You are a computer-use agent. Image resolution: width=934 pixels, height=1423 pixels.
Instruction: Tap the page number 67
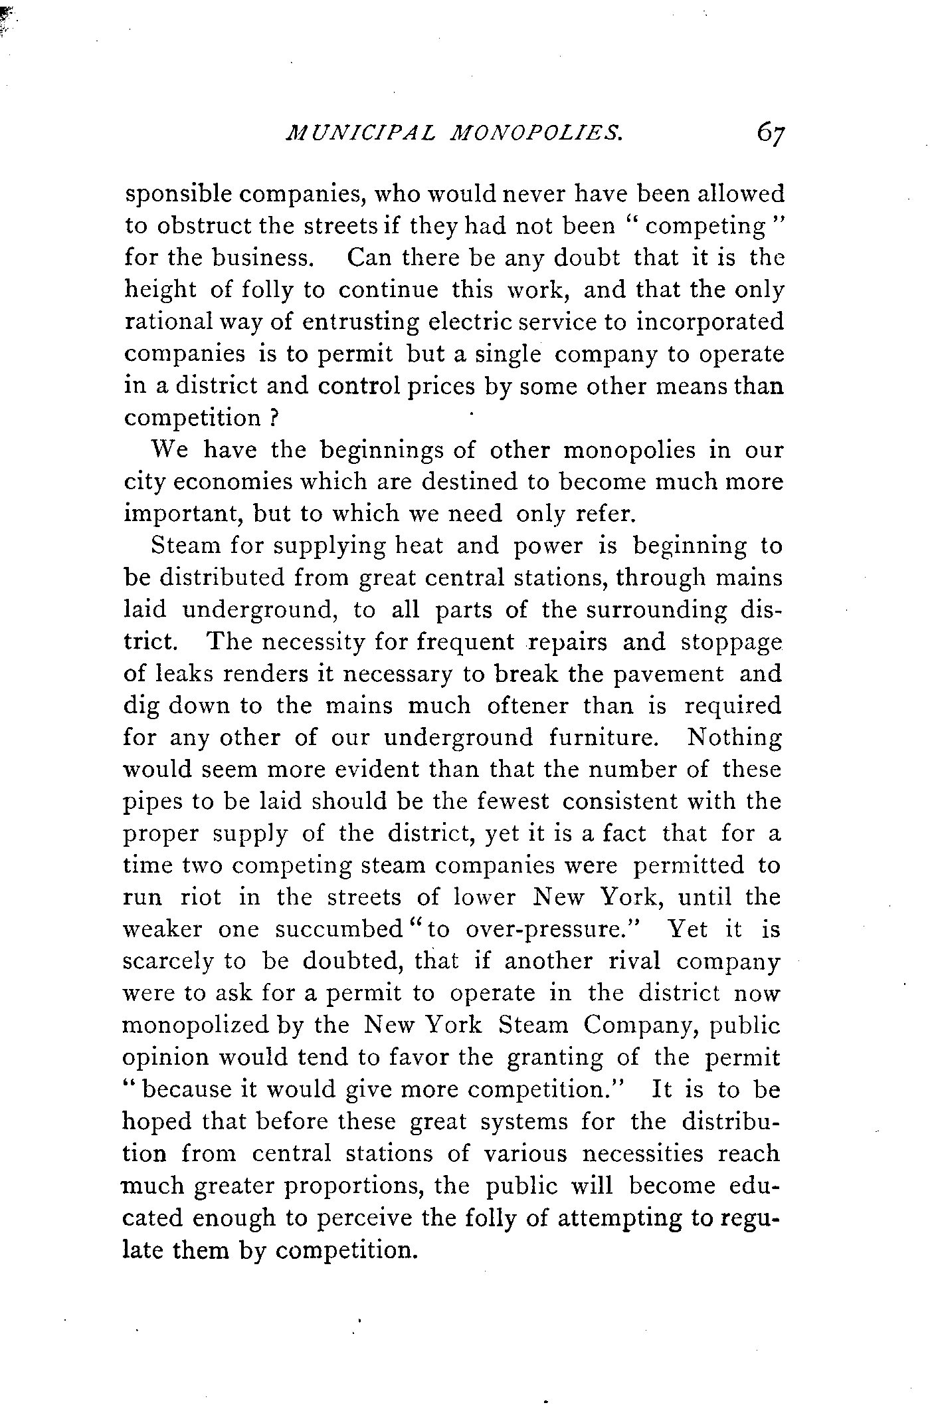[x=769, y=135]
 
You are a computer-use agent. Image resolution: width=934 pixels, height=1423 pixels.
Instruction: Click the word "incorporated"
[x=709, y=322]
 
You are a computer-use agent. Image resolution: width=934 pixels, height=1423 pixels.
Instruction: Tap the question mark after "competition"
[x=272, y=419]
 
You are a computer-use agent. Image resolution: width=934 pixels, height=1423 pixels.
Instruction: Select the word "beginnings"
[x=382, y=451]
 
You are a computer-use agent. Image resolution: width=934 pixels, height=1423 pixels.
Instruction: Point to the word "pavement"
[x=668, y=673]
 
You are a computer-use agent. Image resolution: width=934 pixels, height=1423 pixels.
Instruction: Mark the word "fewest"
[x=514, y=802]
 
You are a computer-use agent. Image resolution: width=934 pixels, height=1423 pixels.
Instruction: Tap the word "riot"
[x=201, y=897]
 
